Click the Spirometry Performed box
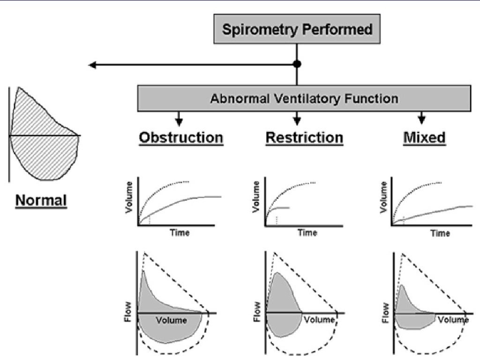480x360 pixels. coord(297,30)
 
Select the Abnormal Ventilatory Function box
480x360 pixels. coord(304,99)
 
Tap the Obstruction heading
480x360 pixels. coord(180,138)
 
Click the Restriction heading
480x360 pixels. coord(304,138)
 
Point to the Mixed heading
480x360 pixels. coord(424,138)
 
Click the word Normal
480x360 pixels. coord(42,200)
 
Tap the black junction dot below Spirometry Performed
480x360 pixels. coord(297,64)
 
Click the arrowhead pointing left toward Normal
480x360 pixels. coord(93,65)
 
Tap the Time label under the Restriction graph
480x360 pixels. coord(307,232)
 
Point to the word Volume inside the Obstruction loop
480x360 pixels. coord(171,320)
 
